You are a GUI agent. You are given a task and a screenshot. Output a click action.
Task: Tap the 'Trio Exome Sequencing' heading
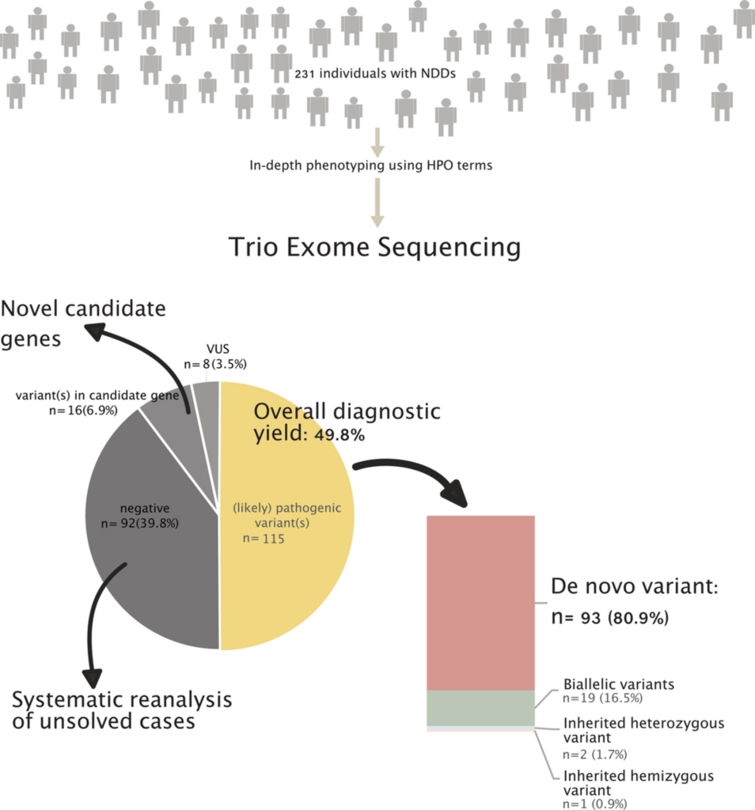[374, 247]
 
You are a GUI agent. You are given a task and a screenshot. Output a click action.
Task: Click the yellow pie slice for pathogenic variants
[293, 570]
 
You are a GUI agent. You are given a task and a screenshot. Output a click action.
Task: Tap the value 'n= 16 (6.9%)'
[83, 411]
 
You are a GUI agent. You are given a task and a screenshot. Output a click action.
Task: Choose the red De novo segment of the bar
[480, 601]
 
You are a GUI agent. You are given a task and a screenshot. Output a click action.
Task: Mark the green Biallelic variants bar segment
[480, 707]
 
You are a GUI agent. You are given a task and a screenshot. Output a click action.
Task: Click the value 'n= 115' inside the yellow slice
[264, 539]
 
